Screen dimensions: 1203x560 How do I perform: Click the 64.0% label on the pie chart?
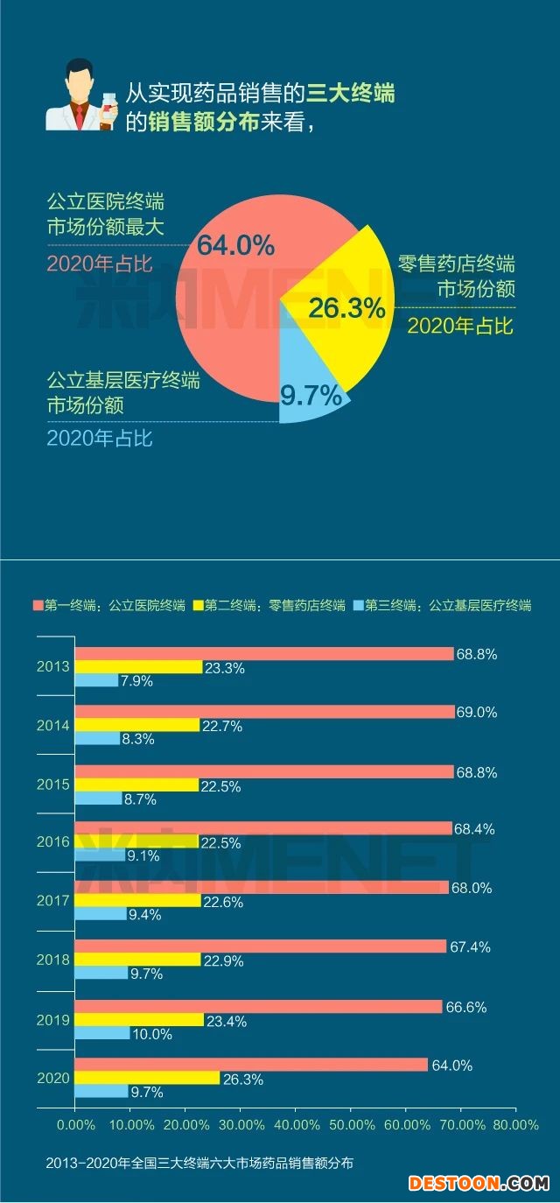click(235, 244)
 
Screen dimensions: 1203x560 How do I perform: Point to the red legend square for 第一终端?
click(38, 605)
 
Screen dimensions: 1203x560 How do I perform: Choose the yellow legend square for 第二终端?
click(199, 605)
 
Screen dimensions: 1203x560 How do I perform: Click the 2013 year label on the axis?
click(52, 667)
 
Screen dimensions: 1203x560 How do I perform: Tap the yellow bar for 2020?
click(147, 1079)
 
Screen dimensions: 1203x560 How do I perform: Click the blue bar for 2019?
click(102, 1034)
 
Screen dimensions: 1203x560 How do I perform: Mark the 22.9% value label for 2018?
click(224, 961)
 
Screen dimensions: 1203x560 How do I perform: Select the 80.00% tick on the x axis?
click(515, 1124)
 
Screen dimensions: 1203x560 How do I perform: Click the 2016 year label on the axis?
click(52, 842)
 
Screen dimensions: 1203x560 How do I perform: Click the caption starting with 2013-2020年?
click(200, 1164)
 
